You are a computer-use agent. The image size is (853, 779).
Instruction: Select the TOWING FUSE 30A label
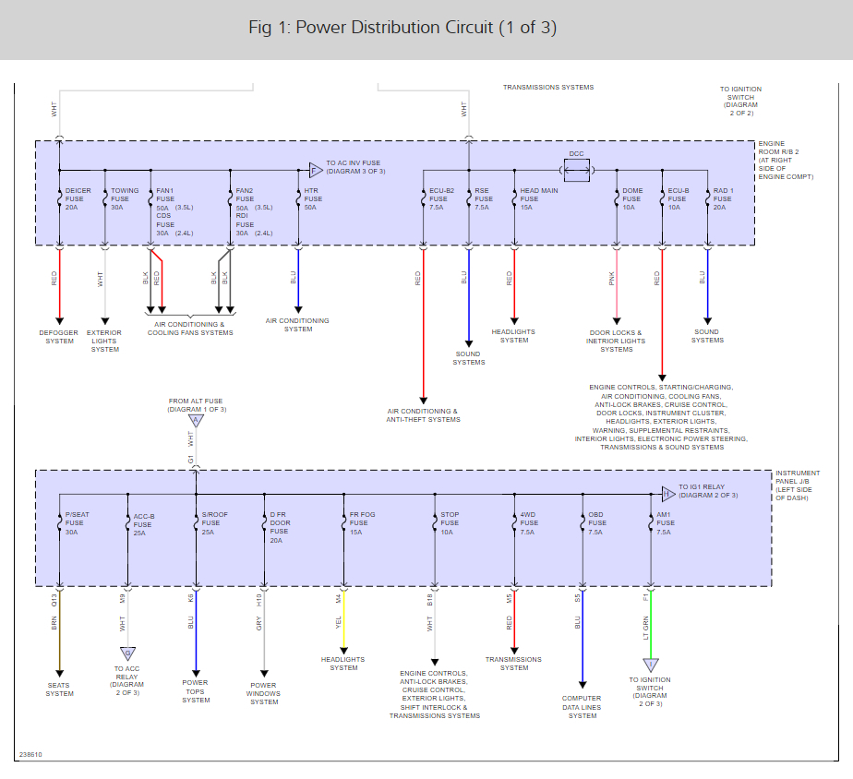coord(124,198)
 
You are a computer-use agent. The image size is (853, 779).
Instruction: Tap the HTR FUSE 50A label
coord(313,198)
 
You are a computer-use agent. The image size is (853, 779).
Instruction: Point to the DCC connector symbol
coord(577,169)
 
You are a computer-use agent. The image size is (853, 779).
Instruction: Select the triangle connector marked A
coord(195,421)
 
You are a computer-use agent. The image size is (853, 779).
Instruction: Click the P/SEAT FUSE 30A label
coord(77,523)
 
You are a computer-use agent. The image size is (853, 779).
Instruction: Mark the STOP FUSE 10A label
coord(450,523)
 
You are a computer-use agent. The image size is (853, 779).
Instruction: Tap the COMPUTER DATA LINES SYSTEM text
coord(583,707)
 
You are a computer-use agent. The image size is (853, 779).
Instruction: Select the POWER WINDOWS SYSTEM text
coord(264,693)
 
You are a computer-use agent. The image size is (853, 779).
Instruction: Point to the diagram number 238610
coord(30,755)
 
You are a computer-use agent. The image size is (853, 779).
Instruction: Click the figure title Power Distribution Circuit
coord(402,28)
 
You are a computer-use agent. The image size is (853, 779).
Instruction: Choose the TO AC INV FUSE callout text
coord(355,167)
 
